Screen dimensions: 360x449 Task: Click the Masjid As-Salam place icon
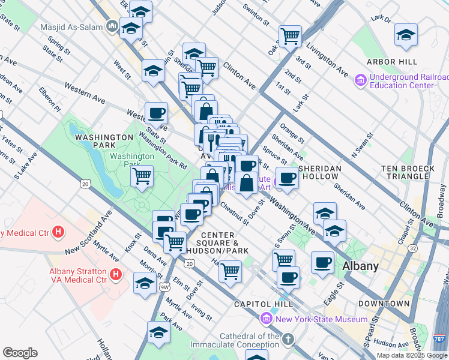(112, 26)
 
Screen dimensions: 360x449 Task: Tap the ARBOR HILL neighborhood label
(394, 62)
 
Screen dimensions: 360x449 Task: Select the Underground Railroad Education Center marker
(361, 80)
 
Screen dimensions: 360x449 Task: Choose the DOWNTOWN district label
(388, 304)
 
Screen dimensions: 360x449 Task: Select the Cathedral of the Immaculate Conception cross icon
(288, 340)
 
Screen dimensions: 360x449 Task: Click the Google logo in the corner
(20, 353)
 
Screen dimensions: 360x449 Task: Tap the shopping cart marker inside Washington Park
(142, 176)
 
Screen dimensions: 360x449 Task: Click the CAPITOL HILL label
(255, 304)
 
